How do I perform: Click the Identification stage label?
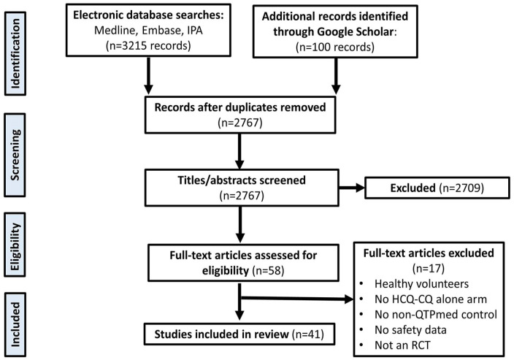pos(15,53)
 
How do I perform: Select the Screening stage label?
pos(15,155)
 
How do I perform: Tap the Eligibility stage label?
pos(15,245)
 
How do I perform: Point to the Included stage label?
pos(15,325)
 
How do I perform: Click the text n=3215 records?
pos(148,45)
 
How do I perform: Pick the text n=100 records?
pos(335,47)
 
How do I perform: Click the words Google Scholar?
pos(355,31)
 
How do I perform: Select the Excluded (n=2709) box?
pos(437,188)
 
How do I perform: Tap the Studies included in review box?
pos(239,334)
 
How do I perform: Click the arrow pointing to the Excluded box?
pos(352,188)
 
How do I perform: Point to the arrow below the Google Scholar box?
pos(336,76)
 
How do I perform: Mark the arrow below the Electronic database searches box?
pos(148,75)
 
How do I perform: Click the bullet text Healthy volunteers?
pos(421,284)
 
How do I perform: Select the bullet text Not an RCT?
pos(402,345)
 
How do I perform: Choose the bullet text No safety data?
pos(410,330)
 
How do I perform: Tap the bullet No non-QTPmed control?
pos(436,315)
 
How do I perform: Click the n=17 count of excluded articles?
pos(428,269)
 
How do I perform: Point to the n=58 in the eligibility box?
pos(268,271)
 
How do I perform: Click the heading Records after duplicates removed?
pos(240,107)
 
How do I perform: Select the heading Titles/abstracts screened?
pos(242,180)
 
